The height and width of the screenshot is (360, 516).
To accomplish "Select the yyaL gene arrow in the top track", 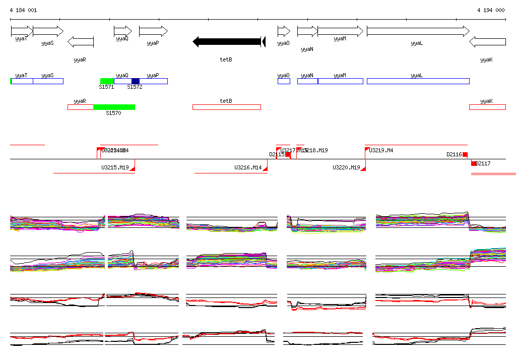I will [x=418, y=31].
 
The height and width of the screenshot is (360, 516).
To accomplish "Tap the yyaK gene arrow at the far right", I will [x=487, y=42].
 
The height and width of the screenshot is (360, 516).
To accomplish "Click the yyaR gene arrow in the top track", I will [x=81, y=42].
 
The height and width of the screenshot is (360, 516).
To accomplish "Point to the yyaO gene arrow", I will [x=284, y=31].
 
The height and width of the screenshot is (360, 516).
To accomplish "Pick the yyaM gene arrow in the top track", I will [x=340, y=31].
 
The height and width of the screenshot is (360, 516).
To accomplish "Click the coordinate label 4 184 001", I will [x=23, y=10].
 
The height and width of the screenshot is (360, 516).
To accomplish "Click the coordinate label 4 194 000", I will [x=491, y=10].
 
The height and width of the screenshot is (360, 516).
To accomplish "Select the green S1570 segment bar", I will [x=114, y=107].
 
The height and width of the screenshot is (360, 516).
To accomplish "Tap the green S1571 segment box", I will [x=107, y=81].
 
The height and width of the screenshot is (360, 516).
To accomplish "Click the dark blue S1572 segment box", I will [x=135, y=81].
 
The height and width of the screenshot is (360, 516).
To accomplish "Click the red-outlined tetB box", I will [x=226, y=107].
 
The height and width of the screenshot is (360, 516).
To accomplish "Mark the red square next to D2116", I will [x=465, y=155].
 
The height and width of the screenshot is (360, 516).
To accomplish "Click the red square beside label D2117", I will [x=474, y=163].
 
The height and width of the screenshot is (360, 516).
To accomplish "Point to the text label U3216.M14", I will [x=248, y=168].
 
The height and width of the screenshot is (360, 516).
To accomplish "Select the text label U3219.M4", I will [x=381, y=151].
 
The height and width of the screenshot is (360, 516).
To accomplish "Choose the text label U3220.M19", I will [x=346, y=168].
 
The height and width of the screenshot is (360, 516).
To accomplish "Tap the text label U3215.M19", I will [x=115, y=168].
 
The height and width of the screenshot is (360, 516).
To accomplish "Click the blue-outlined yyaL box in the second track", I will [x=418, y=81].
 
